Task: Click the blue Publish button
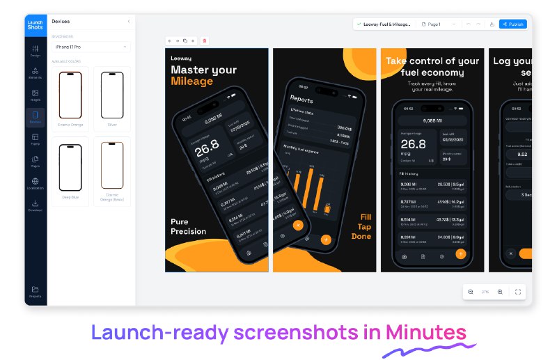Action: coord(513,24)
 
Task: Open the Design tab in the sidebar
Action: coord(36,50)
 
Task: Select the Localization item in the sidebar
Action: coord(36,183)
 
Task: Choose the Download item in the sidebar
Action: coord(36,205)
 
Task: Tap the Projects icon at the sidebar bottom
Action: coord(36,291)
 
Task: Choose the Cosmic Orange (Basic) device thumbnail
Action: coord(112,166)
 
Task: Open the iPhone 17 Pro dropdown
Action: coord(91,47)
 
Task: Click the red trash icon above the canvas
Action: coord(205,41)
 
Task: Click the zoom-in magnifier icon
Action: coord(500,292)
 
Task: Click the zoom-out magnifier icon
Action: coord(471,292)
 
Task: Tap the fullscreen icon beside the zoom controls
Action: coord(518,292)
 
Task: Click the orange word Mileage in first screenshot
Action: coord(191,81)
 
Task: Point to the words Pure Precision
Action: coord(189,226)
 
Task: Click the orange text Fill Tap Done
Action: coord(361,226)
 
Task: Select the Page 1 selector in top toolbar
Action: coord(432,24)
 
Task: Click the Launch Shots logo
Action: coord(36,24)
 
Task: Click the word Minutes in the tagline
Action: coord(426,333)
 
